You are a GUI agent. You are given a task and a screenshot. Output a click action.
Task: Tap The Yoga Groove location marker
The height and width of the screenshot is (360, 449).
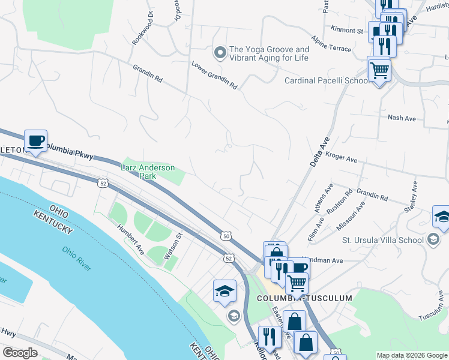point(220,53)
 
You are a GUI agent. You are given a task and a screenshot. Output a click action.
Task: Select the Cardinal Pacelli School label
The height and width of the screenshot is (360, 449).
point(327,80)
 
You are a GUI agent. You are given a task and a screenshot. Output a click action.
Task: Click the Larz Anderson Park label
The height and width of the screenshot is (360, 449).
point(148,172)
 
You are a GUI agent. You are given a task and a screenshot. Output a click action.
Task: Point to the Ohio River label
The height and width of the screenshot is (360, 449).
point(76,258)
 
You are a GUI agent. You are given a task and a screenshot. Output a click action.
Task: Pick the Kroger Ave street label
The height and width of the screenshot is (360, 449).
point(342,157)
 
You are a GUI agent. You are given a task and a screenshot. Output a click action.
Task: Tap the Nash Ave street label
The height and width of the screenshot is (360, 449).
point(402,118)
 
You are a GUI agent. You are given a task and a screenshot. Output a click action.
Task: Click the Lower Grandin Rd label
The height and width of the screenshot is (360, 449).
point(214,75)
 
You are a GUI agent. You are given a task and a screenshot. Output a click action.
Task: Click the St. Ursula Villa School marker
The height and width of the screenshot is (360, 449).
point(432,241)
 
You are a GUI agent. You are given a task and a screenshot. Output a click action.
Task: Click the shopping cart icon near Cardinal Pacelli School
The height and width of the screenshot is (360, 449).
point(379,70)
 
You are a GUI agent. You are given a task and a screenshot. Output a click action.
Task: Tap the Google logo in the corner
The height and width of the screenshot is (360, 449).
point(20,353)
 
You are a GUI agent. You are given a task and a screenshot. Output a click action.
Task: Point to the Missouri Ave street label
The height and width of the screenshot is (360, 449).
point(352,215)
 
